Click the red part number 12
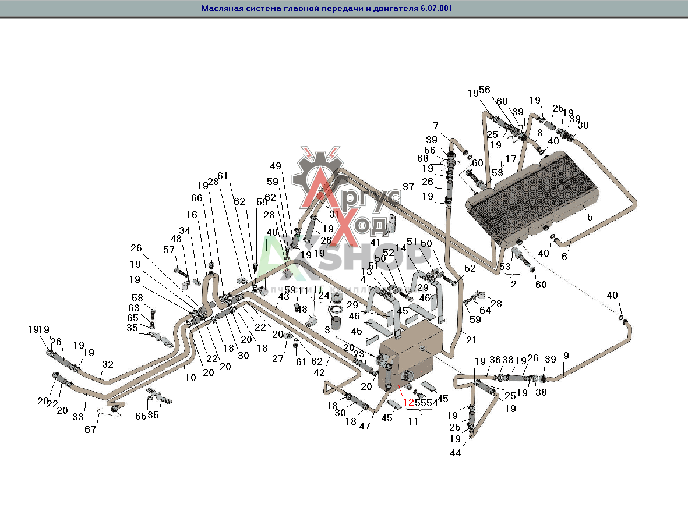pos(408,402)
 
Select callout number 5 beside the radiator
pos(590,217)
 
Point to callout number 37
pos(408,187)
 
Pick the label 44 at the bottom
pos(456,453)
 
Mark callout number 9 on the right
pos(566,355)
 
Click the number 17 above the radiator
pos(511,158)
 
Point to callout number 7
pos(435,126)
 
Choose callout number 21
pos(471,340)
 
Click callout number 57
pos(169,250)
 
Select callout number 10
pos(190,377)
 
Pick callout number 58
pos(137,297)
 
